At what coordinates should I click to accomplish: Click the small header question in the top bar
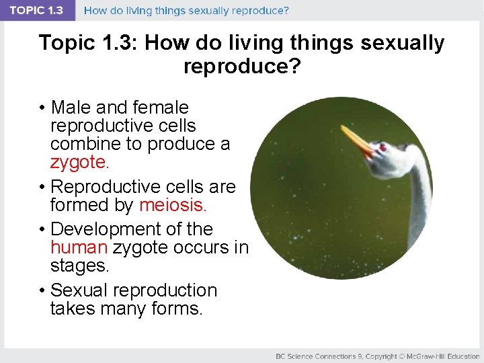point(186,11)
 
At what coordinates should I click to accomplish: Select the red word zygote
point(78,162)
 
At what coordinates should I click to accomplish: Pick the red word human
point(79,247)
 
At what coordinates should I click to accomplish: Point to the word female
point(161,108)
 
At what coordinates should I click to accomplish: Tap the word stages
point(79,266)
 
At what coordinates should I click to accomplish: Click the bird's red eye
point(382,147)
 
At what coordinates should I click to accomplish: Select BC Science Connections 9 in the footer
point(315,356)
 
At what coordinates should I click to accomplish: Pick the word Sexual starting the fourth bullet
point(80,290)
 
